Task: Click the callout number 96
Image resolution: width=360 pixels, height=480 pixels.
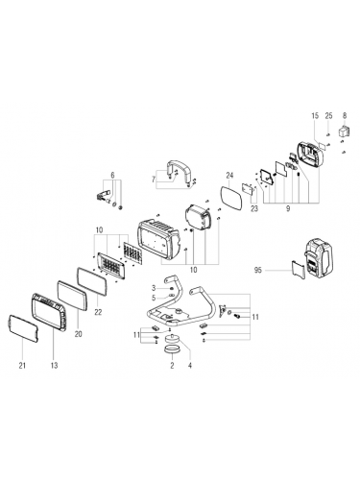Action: click(x=257, y=270)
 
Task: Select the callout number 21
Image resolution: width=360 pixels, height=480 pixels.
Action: click(x=22, y=365)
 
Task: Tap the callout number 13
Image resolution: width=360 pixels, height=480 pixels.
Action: click(x=54, y=365)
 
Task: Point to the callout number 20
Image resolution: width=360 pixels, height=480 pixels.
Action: click(x=78, y=334)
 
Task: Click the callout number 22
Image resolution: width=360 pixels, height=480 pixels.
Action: click(x=98, y=312)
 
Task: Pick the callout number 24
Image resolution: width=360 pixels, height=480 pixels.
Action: click(x=229, y=176)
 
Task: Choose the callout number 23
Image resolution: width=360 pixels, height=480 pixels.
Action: click(x=254, y=208)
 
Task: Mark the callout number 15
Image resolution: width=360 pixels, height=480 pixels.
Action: click(x=315, y=116)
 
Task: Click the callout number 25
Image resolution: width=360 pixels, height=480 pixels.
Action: click(x=329, y=116)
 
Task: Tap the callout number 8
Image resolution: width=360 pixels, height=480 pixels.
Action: click(x=345, y=116)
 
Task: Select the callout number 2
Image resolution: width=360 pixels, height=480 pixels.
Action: click(x=172, y=365)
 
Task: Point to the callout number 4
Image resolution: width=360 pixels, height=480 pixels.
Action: click(x=190, y=365)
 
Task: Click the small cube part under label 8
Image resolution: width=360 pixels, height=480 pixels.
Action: click(x=344, y=132)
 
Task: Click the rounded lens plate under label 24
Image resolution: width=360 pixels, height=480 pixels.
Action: click(x=231, y=198)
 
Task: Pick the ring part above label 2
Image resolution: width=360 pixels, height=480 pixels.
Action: click(x=172, y=349)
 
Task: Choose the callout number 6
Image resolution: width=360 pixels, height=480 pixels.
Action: click(x=112, y=175)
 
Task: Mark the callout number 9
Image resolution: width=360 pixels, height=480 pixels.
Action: click(x=288, y=208)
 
